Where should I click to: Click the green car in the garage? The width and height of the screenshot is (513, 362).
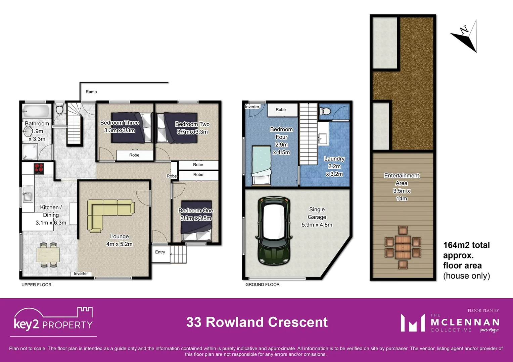tap(274, 231)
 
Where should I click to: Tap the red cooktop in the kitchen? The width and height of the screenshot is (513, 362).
tap(39, 168)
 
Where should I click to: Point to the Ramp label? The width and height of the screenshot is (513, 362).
tap(91, 92)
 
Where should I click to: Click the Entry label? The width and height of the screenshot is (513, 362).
tap(160, 252)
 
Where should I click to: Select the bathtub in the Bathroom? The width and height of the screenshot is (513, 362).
tap(36, 111)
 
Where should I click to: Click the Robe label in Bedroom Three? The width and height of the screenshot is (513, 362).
tap(134, 155)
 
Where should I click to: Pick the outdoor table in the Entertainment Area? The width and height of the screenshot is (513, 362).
tap(403, 247)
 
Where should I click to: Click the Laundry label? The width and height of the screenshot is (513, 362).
tap(334, 159)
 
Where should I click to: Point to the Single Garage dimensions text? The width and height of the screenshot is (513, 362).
tap(317, 225)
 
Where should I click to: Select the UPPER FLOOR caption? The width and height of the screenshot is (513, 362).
tap(37, 285)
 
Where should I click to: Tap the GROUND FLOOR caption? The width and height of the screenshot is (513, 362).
tap(262, 285)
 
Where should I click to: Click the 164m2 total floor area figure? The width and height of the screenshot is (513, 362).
tap(466, 245)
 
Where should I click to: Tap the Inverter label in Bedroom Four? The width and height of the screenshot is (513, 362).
tap(252, 107)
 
